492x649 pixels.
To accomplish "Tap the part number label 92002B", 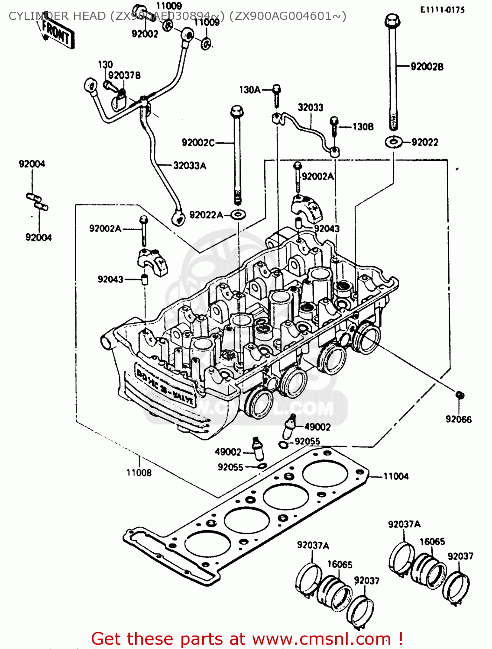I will (x=427, y=67).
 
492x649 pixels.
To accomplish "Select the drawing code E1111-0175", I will (x=442, y=10).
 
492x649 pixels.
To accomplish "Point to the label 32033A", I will (x=190, y=165).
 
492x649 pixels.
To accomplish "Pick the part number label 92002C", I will (x=198, y=142).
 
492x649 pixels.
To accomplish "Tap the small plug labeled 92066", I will (x=460, y=395).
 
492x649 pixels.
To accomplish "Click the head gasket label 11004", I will (x=396, y=476).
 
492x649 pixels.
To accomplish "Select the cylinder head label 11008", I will (x=139, y=472).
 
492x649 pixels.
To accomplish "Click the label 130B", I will (x=363, y=127).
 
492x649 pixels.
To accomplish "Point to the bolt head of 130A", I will (x=276, y=90).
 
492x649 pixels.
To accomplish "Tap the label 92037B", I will (x=124, y=75).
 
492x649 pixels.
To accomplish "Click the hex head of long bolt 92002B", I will (x=392, y=20).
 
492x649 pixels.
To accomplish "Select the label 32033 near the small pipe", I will (x=310, y=107).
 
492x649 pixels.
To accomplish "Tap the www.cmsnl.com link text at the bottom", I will (x=321, y=639).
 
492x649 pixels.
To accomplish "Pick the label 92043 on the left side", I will (x=110, y=279).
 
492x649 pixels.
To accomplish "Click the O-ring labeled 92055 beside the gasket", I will (x=262, y=466).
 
